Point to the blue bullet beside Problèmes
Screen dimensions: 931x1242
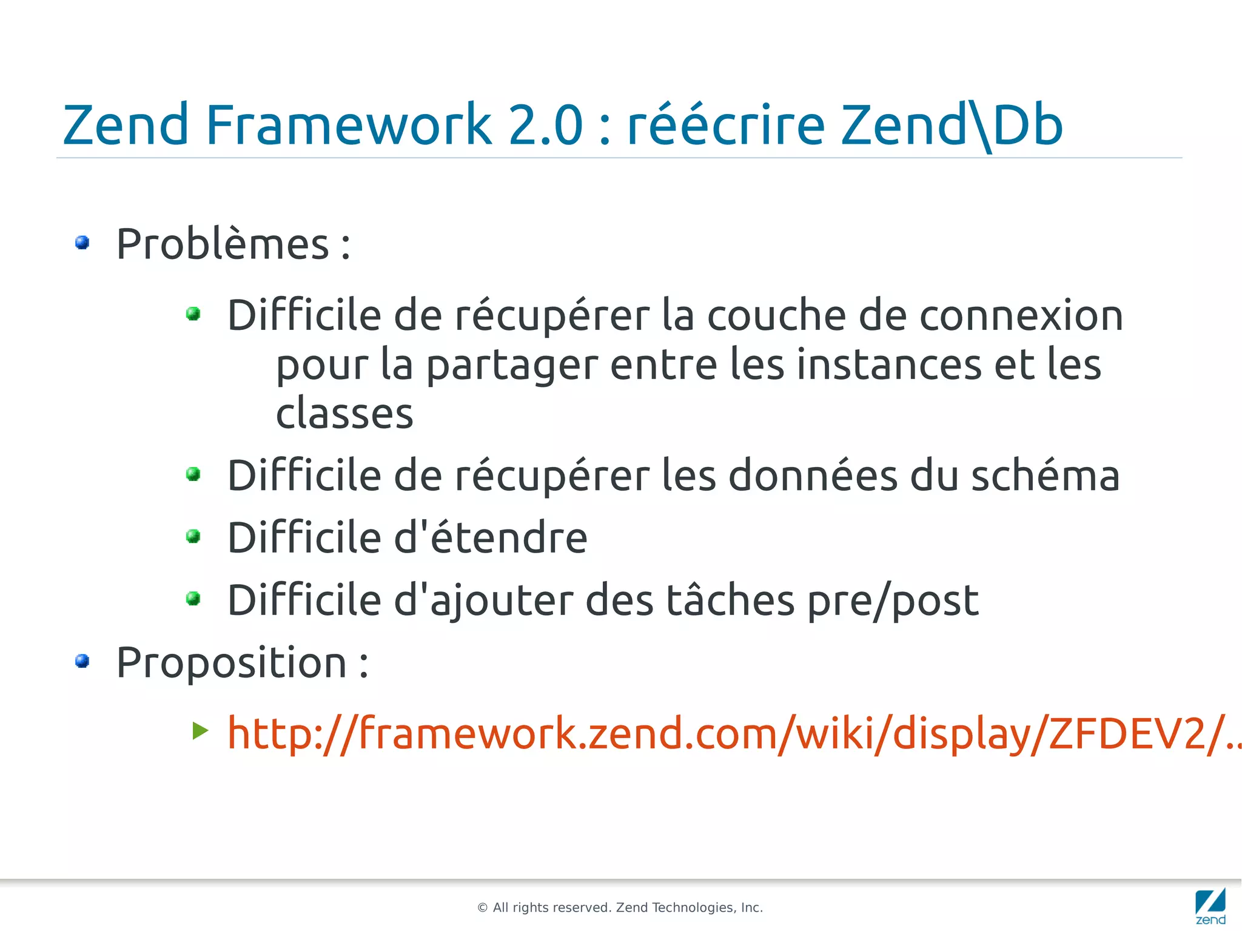(82, 243)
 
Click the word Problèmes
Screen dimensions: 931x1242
(223, 244)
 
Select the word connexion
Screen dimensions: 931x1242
(1021, 315)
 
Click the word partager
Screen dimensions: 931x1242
(512, 365)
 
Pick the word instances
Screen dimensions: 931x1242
(888, 365)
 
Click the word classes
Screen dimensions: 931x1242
(344, 414)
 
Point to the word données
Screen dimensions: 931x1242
(812, 476)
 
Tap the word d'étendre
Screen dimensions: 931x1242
(491, 538)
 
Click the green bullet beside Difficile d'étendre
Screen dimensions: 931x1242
(193, 536)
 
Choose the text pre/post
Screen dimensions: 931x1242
(893, 600)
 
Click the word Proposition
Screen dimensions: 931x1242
(232, 662)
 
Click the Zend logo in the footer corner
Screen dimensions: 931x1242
(1210, 906)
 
